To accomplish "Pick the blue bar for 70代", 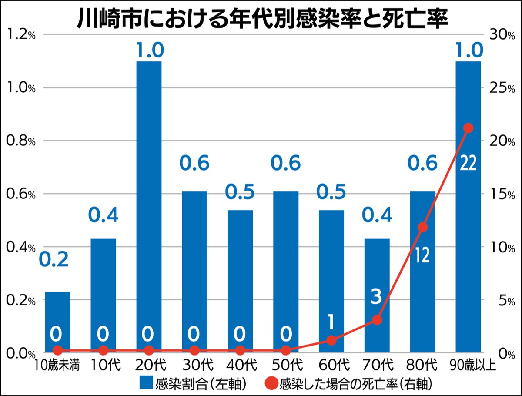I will [x=377, y=279].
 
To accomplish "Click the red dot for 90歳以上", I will [x=468, y=128].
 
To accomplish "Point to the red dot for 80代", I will [x=422, y=227].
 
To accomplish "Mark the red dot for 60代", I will [x=331, y=340].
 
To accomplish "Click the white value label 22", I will [x=468, y=164].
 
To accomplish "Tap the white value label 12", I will [x=422, y=255].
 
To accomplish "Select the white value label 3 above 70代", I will [x=377, y=297].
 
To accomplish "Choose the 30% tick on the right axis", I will [x=502, y=35].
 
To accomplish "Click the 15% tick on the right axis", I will [x=502, y=194].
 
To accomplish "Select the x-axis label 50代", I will [x=285, y=364].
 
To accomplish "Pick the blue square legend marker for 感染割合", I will [x=146, y=383].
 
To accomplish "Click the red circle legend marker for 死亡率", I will [x=271, y=383].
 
